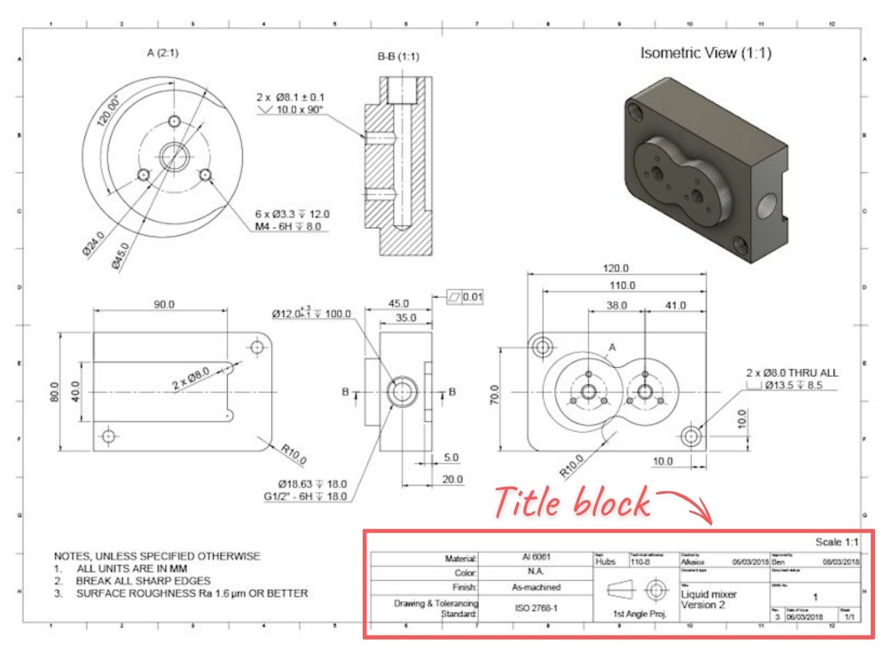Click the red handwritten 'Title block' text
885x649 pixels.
coord(571,503)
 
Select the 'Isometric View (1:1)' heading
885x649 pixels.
coord(706,53)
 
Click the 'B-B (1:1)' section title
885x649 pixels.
coord(398,57)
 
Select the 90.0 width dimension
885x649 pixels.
coord(164,304)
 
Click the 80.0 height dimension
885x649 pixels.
coord(54,392)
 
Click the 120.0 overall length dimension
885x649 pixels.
coord(615,268)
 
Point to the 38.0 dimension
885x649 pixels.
coord(617,306)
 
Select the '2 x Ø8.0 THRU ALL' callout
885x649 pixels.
coord(792,373)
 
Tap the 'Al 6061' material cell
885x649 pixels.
coord(536,557)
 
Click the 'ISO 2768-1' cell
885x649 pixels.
coord(536,608)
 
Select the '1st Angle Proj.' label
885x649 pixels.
coord(640,614)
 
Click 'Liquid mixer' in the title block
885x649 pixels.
coord(709,594)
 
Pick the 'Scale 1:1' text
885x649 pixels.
coord(837,542)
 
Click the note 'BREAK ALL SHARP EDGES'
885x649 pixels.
coord(143,581)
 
